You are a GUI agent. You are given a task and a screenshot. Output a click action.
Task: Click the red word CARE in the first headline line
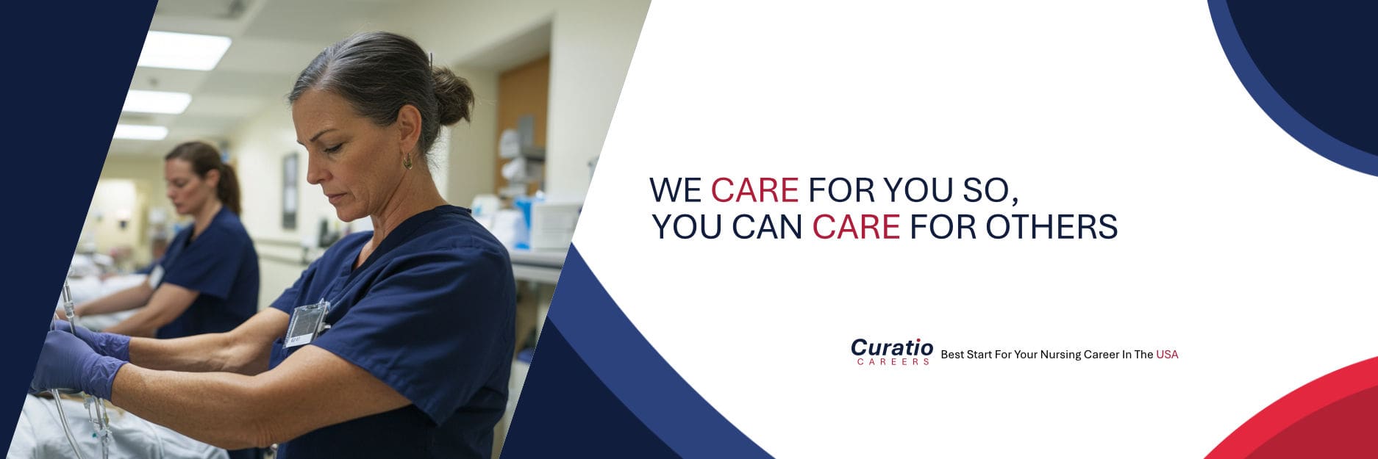pyautogui.click(x=754, y=190)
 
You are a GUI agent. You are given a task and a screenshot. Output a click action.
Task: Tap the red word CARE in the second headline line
pyautogui.click(x=856, y=227)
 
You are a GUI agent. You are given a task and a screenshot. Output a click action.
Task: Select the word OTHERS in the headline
pyautogui.click(x=1052, y=227)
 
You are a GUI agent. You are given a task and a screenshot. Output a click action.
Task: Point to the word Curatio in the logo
pyautogui.click(x=892, y=347)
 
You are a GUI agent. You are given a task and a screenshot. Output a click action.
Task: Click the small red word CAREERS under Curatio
pyautogui.click(x=893, y=362)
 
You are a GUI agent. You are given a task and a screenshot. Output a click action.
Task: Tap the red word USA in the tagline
pyautogui.click(x=1167, y=355)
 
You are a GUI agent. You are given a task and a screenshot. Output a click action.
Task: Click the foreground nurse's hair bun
pyautogui.click(x=450, y=95)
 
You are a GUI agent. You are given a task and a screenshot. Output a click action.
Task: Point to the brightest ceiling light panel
pyautogui.click(x=185, y=51)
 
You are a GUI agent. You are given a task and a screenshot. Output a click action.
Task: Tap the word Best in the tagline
pyautogui.click(x=952, y=355)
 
